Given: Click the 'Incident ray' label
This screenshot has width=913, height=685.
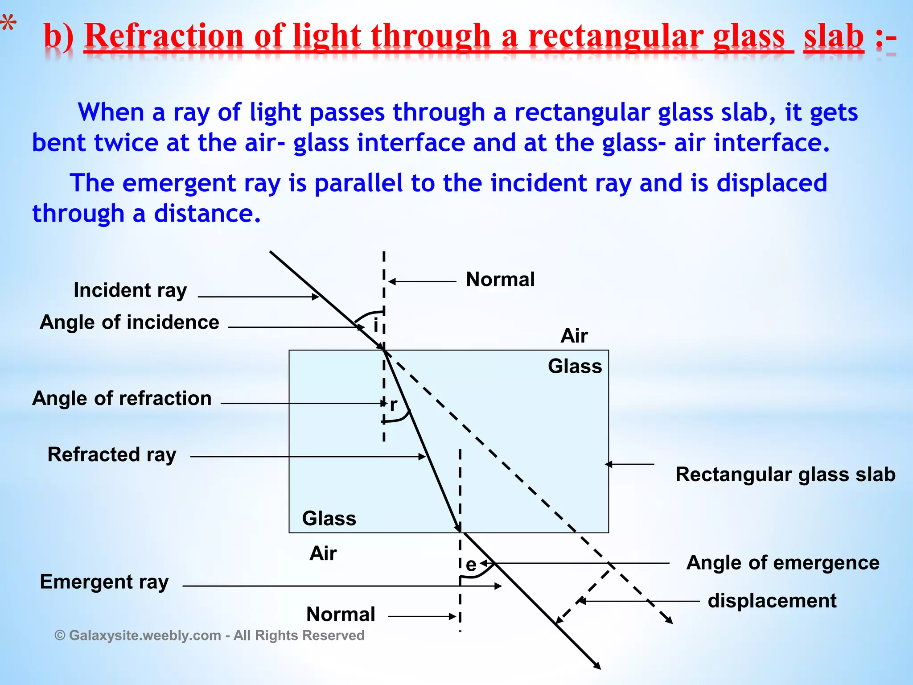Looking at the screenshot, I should (130, 290).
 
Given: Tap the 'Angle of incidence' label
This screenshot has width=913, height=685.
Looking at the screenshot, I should (129, 322).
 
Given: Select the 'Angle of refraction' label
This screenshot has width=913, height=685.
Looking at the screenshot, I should (122, 398).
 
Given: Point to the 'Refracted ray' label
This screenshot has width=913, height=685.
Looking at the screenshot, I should (112, 455).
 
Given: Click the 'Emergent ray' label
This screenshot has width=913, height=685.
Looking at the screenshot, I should (104, 582).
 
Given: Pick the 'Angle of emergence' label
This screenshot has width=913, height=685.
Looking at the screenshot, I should (783, 563).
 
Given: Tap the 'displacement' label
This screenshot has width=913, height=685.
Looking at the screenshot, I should (772, 601).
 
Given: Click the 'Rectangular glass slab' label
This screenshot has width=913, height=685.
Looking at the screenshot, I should (786, 475).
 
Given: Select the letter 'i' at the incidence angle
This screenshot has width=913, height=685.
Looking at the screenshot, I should (375, 326).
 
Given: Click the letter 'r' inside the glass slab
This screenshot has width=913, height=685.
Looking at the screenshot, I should (393, 405).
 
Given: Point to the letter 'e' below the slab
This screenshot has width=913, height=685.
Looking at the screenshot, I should (471, 565).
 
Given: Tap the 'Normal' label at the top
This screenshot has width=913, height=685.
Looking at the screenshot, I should (500, 280).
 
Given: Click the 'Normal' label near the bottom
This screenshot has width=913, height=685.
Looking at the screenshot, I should (341, 615).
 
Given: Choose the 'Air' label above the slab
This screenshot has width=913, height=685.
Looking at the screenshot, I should (574, 336).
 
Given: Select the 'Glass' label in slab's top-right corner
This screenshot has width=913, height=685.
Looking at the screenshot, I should (575, 366).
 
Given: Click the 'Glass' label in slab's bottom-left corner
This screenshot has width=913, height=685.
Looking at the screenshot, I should (329, 519).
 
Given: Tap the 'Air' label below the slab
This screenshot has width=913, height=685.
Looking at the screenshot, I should (323, 553).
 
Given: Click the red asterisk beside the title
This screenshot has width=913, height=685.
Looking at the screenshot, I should (8, 25).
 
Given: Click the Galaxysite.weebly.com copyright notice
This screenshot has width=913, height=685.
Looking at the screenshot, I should (210, 635).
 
